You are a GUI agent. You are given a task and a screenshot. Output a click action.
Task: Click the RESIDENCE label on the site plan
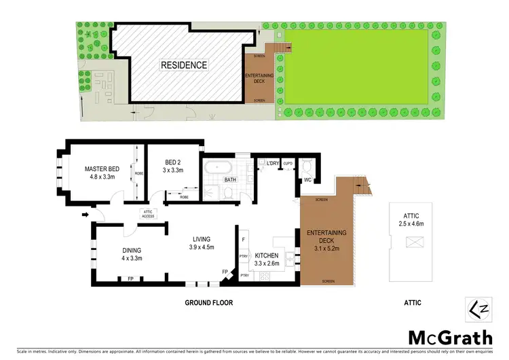click(x=183, y=65)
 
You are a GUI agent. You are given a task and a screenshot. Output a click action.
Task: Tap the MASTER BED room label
click(x=102, y=168)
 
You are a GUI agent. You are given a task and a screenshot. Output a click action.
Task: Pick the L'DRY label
click(x=274, y=163)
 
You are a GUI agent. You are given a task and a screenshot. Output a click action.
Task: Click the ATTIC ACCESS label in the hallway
click(x=149, y=213)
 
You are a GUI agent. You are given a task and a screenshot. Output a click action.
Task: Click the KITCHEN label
click(x=267, y=255)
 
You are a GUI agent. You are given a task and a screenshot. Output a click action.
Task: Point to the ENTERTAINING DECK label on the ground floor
click(x=326, y=237)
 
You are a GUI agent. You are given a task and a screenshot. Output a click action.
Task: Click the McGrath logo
click(x=450, y=338)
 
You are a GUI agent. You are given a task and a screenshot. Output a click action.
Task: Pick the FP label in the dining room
click(x=130, y=278)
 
